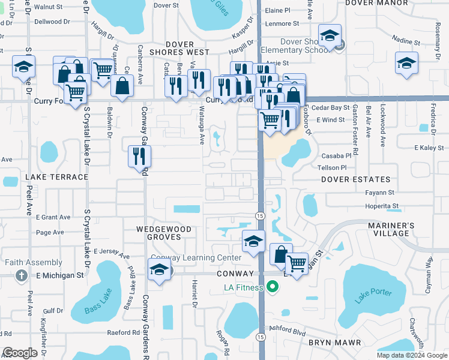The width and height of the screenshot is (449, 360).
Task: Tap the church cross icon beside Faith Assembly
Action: click(x=21, y=275)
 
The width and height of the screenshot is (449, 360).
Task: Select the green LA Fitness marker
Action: click(x=273, y=287)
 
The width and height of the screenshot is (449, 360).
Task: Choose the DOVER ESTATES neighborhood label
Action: click(x=355, y=179)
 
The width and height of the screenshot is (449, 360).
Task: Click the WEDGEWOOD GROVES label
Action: click(x=163, y=233)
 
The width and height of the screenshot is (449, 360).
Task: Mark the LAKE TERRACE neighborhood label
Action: click(x=56, y=177)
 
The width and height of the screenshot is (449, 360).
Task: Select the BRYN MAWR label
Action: click(x=334, y=343)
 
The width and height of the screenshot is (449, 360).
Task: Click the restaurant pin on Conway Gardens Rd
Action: click(x=139, y=157)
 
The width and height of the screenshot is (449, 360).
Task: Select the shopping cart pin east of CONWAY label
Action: click(x=296, y=263)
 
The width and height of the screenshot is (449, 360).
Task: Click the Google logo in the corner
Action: click(x=20, y=353)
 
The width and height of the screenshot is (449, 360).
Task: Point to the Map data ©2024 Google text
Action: click(x=412, y=355)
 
